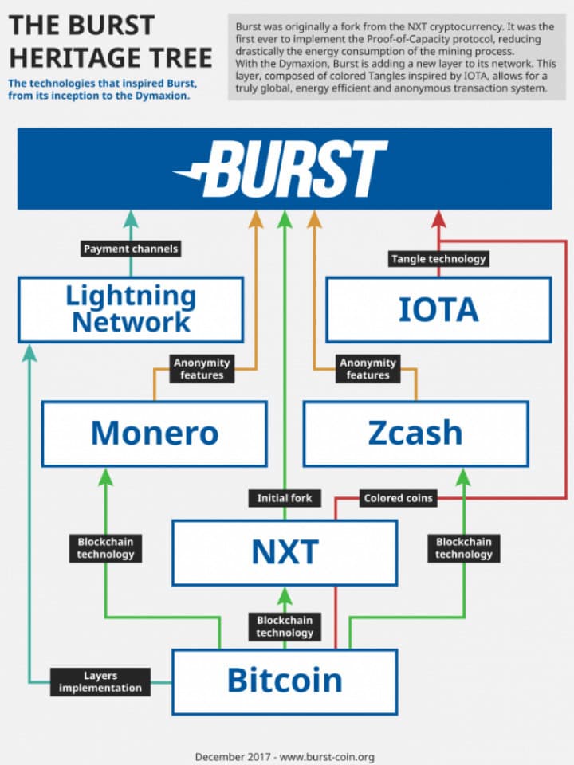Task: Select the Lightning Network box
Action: pos(130,309)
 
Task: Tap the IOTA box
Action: pos(438,309)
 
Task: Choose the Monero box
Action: pos(154,433)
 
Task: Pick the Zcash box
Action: pos(415,433)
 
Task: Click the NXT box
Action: pos(285,552)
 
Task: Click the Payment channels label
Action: pos(131,249)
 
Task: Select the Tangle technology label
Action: pos(438,258)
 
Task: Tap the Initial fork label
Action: pos(285,498)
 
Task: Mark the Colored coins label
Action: pos(398,498)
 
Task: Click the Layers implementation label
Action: pos(100,682)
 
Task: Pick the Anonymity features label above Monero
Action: pos(202,368)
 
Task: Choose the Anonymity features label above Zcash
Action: pos(368,368)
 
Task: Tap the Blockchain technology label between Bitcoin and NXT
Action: pos(285,626)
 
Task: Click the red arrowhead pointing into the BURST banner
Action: pos(438,219)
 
